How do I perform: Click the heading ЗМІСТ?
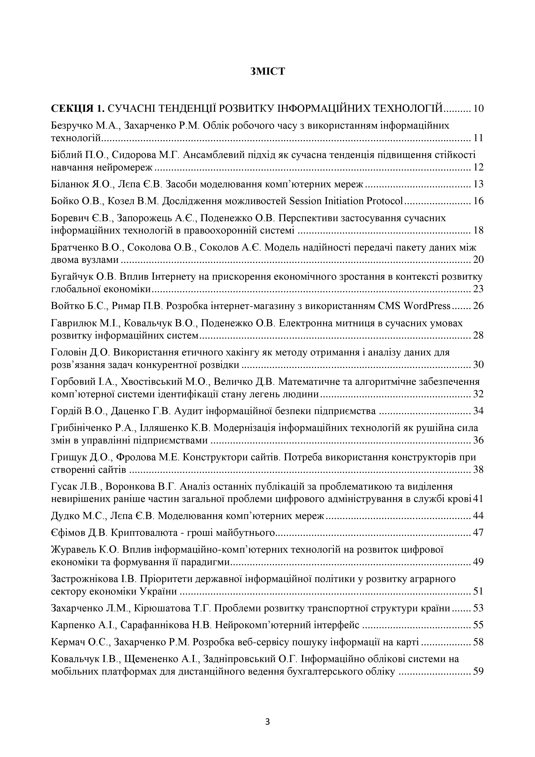tap(267, 72)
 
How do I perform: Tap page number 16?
tap(478, 201)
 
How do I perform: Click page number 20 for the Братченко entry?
tap(478, 260)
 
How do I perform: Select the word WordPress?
tap(427, 306)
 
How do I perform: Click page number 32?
tap(478, 394)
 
